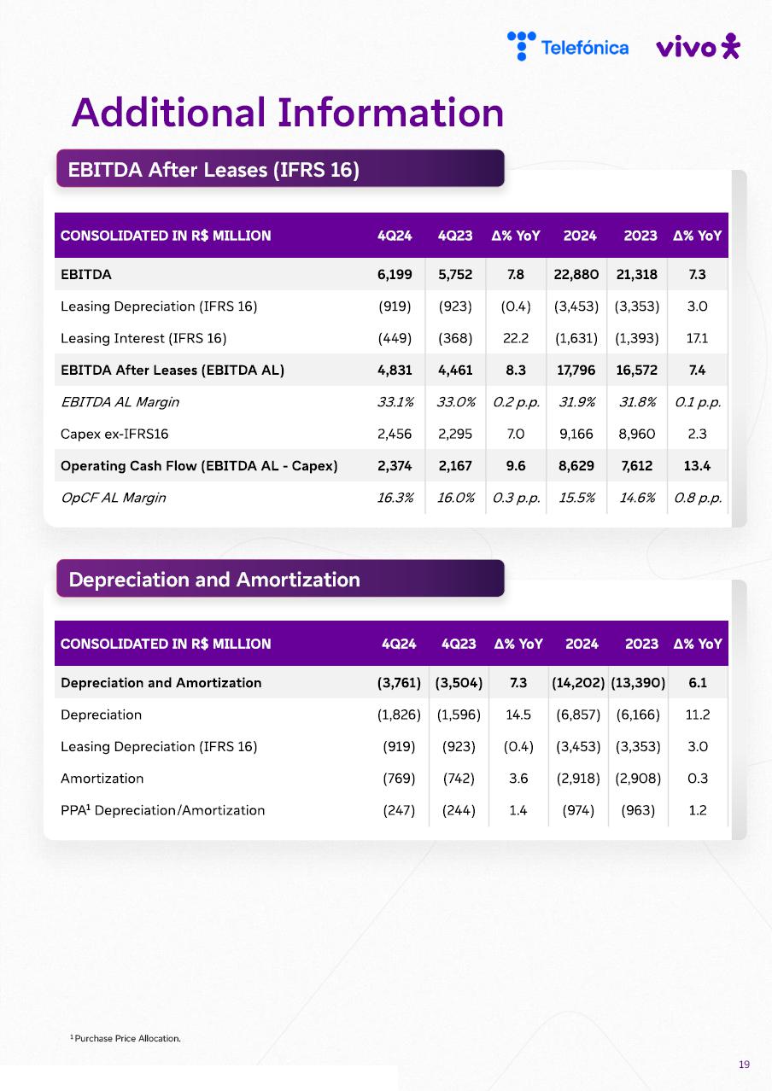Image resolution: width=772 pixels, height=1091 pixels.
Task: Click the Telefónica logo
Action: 568,47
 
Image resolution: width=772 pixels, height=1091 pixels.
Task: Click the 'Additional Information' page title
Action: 288,112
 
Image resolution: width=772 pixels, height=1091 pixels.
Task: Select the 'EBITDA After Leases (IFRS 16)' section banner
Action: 280,169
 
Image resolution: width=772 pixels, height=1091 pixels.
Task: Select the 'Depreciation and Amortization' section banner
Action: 280,580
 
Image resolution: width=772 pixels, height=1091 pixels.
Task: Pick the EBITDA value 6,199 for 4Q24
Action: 395,275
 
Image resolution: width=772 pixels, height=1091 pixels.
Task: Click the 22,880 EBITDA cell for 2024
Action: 576,275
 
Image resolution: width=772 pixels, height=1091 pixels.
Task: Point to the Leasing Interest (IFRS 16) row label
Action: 143,338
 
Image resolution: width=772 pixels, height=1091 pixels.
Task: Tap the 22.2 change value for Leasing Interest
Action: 516,338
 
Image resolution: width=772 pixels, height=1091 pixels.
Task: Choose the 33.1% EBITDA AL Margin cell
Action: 395,402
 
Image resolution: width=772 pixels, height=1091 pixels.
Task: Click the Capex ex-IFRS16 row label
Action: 114,434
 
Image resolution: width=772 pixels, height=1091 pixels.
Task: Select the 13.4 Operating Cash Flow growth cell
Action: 697,466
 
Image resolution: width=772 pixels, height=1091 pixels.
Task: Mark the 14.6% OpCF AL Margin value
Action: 637,498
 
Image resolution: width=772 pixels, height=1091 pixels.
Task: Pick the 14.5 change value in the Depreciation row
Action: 518,715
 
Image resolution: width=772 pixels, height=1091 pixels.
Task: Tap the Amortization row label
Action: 102,779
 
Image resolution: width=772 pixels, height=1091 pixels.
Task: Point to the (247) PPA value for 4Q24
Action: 399,810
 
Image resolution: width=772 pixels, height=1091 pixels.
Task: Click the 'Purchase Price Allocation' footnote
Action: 126,1038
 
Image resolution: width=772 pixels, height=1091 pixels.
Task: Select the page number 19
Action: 744,1064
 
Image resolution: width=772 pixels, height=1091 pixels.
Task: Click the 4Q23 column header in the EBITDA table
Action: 454,236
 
